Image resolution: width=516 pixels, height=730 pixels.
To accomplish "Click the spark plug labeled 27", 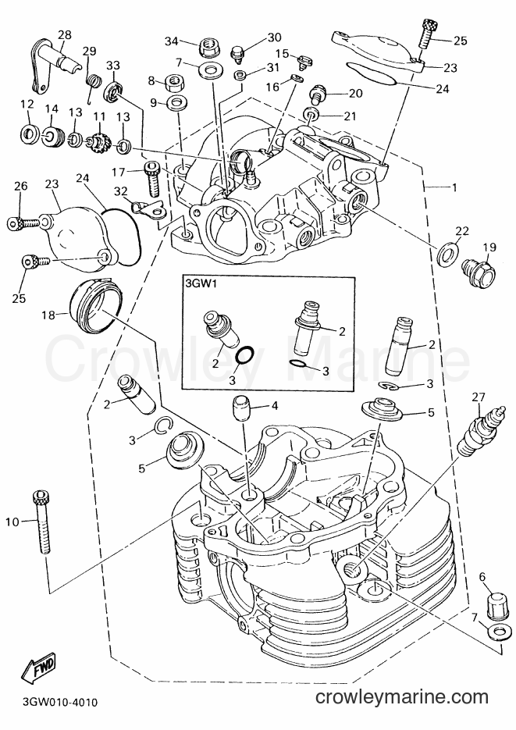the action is tap(479, 429).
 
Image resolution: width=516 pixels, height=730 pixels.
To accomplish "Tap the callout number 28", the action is tap(65, 34).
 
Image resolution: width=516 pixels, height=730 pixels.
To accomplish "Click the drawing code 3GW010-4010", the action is tap(59, 701).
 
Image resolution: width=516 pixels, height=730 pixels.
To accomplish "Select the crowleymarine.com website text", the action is tap(401, 697).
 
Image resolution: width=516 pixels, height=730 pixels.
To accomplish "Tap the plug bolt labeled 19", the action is tap(478, 272).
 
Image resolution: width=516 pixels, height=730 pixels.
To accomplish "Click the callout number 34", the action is tap(172, 41).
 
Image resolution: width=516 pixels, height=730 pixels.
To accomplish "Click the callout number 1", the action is tap(454, 187).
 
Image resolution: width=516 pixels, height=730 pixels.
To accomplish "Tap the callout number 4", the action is tap(275, 406).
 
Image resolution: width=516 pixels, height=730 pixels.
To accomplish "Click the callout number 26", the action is tap(20, 186).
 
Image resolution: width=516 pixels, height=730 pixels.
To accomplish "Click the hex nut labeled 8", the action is tap(173, 84).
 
